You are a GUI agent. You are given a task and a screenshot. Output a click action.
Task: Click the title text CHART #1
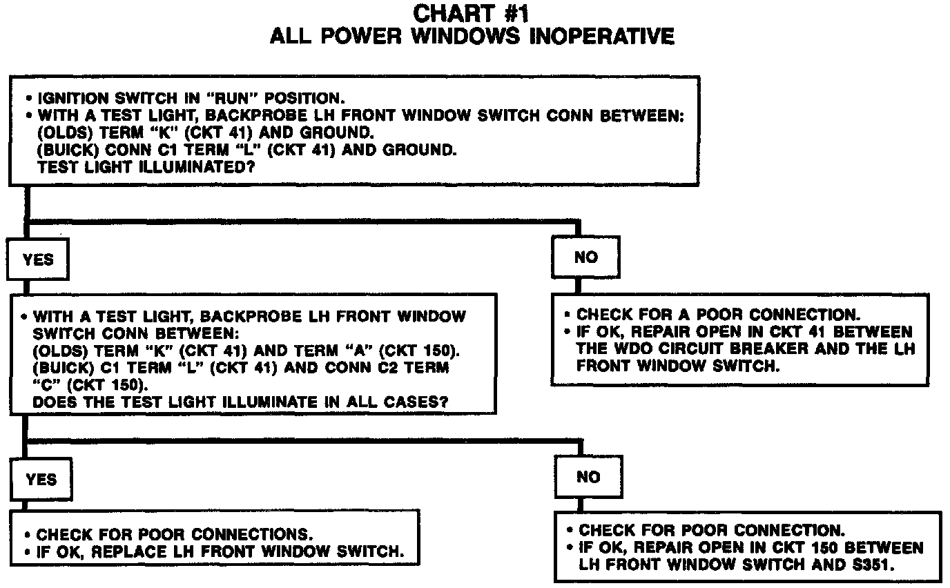tap(472, 12)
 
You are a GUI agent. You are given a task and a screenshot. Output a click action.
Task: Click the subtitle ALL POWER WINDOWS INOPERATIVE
tap(472, 35)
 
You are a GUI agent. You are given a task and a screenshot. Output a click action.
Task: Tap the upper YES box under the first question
tap(37, 259)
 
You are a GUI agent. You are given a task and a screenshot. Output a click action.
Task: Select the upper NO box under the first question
tap(586, 257)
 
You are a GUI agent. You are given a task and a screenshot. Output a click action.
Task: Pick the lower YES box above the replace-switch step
tap(41, 479)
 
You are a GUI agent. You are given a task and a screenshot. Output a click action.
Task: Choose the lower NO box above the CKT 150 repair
tap(588, 477)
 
